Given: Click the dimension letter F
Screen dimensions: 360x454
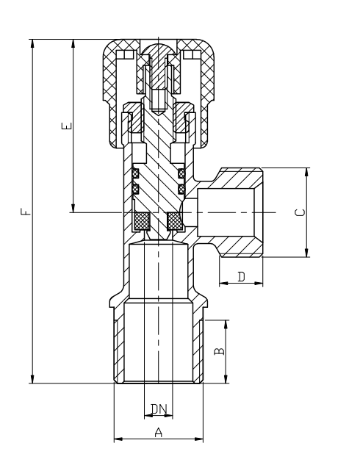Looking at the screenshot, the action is click(x=26, y=212).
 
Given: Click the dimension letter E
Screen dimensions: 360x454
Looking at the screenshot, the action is click(x=67, y=126).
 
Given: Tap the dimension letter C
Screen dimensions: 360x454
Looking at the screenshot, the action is click(x=300, y=212).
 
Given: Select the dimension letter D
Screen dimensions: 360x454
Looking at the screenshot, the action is click(x=242, y=277).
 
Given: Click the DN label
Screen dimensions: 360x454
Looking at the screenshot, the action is click(x=159, y=409).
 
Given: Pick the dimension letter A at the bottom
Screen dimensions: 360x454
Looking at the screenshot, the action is click(x=159, y=433).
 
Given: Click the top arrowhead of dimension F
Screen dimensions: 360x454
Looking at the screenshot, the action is click(x=32, y=43).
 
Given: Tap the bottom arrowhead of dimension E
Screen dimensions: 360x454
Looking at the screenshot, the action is click(x=73, y=208).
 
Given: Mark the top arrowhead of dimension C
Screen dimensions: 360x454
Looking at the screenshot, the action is click(x=306, y=172).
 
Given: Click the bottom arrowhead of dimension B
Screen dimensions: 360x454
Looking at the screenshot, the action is click(x=226, y=379).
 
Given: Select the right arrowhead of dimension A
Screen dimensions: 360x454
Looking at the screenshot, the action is click(x=198, y=439).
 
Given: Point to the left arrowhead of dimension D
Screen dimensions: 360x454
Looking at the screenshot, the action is click(x=224, y=283).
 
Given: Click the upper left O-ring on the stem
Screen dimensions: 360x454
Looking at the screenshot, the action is click(x=135, y=173).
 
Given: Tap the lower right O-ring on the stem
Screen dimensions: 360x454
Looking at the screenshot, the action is click(x=181, y=189).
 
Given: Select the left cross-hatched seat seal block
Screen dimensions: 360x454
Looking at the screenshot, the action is click(x=142, y=220).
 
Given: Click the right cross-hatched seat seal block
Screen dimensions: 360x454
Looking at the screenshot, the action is click(x=175, y=220).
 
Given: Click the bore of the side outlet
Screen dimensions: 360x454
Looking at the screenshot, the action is click(x=226, y=212).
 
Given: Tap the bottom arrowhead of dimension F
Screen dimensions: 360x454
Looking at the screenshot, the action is click(x=32, y=379).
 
